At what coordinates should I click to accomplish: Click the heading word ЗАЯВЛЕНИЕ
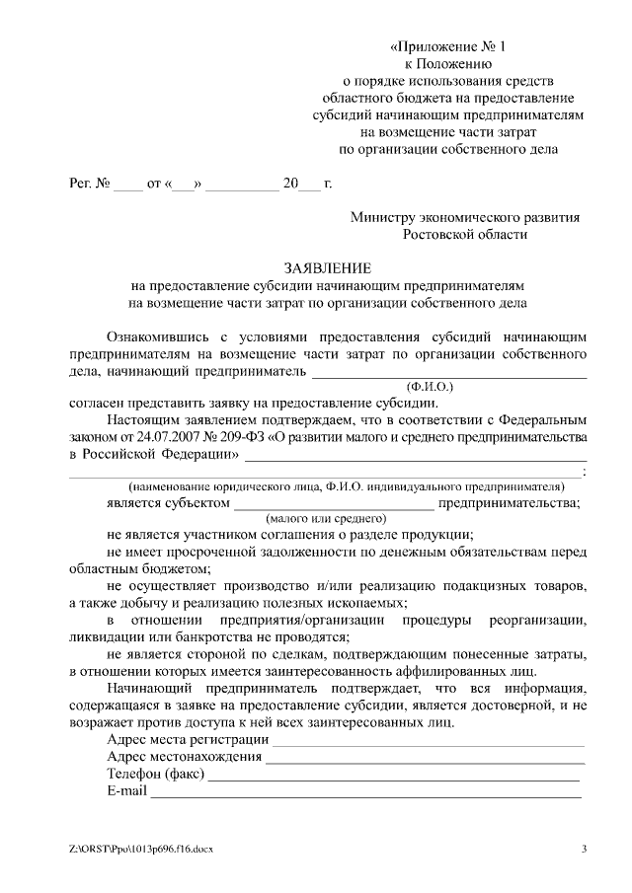point(328,268)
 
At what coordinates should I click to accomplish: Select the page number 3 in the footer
point(584,850)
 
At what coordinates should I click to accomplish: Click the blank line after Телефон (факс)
point(395,776)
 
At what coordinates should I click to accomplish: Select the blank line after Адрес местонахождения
point(425,759)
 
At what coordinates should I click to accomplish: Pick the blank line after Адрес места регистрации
point(429,741)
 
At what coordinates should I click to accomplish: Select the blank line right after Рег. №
point(128,186)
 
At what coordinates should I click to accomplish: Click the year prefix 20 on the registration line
point(290,185)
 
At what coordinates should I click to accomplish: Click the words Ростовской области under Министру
point(465,235)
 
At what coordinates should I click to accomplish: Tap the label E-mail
point(126,791)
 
